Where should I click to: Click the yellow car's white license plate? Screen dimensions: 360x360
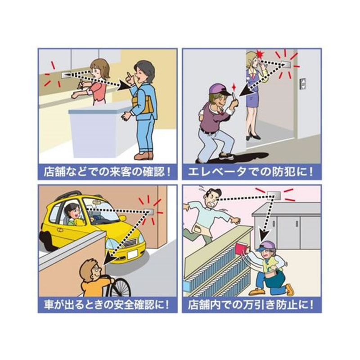click(133, 254)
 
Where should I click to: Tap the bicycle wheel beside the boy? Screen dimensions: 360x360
click(120, 287)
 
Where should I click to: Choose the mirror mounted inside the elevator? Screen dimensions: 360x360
click(286, 64)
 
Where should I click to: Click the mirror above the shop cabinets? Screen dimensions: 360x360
click(274, 196)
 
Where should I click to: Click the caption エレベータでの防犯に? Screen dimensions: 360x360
click(251, 171)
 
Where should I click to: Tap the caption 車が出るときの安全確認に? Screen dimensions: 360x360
click(107, 305)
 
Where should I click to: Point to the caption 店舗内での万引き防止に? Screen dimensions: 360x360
click(251, 305)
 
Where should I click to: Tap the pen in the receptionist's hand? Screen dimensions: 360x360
click(81, 85)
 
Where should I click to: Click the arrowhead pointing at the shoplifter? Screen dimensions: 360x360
click(264, 235)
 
